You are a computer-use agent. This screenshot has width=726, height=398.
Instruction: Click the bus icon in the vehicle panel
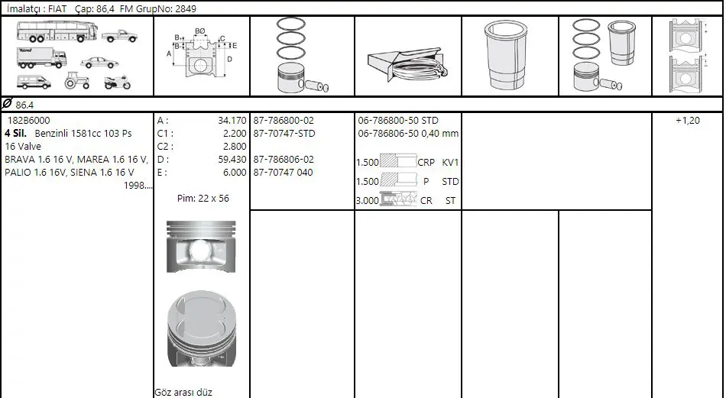coord(57,31)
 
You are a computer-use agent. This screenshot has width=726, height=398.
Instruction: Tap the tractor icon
coord(77,80)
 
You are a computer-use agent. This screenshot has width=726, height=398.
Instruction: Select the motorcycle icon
coord(118,83)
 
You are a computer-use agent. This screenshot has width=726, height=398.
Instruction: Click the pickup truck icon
coord(119,36)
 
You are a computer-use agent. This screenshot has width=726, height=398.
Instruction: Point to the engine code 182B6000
coord(29,121)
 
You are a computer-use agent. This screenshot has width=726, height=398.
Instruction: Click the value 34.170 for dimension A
coord(232,121)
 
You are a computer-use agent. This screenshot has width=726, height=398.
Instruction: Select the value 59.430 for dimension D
coord(232,159)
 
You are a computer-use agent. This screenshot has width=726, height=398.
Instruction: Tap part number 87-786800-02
coord(284,121)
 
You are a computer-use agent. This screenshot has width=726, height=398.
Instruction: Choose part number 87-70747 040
coord(283,172)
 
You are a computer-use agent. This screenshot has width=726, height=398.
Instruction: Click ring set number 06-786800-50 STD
coord(397,121)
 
